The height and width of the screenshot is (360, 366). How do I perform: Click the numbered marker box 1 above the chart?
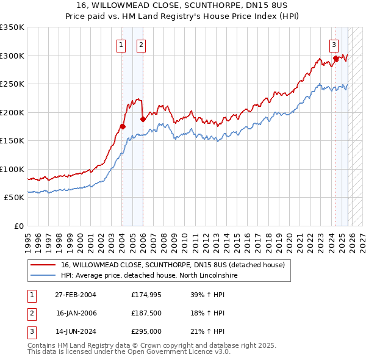pyautogui.click(x=121, y=44)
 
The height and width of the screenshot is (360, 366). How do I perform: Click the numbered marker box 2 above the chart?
pyautogui.click(x=141, y=44)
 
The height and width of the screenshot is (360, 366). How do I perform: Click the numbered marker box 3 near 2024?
pyautogui.click(x=334, y=44)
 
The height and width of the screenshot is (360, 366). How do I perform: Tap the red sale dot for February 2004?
pyautogui.click(x=123, y=127)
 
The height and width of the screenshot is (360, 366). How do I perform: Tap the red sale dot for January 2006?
pyautogui.click(x=143, y=120)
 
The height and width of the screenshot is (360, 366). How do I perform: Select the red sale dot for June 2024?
pyautogui.click(x=336, y=59)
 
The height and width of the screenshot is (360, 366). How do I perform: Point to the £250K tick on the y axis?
pyautogui.click(x=12, y=84)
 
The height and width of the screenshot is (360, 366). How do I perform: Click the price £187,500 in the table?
pyautogui.click(x=147, y=314)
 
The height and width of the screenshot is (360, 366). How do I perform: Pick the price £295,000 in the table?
pyautogui.click(x=147, y=333)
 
